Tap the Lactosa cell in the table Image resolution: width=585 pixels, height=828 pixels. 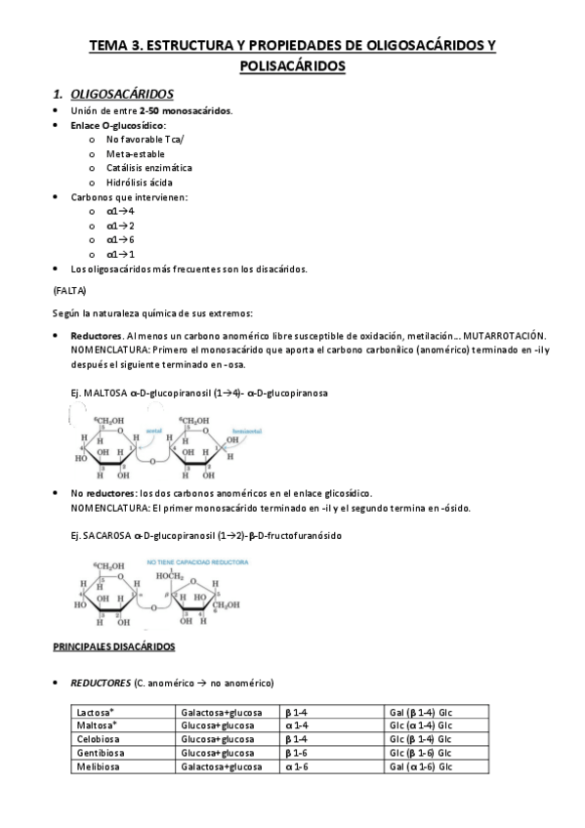95,713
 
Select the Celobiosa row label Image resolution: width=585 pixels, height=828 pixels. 99,739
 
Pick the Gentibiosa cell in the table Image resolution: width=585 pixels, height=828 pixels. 101,753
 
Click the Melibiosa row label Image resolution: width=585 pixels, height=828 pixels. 99,766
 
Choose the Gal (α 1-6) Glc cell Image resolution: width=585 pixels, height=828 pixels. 421,766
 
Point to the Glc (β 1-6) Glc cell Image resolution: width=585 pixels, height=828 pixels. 421,753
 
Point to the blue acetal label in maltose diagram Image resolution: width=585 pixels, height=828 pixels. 154,428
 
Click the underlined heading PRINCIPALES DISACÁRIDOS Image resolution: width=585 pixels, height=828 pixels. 113,647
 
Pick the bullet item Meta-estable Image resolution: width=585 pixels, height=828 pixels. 136,153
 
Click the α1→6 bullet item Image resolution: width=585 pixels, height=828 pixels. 121,239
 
